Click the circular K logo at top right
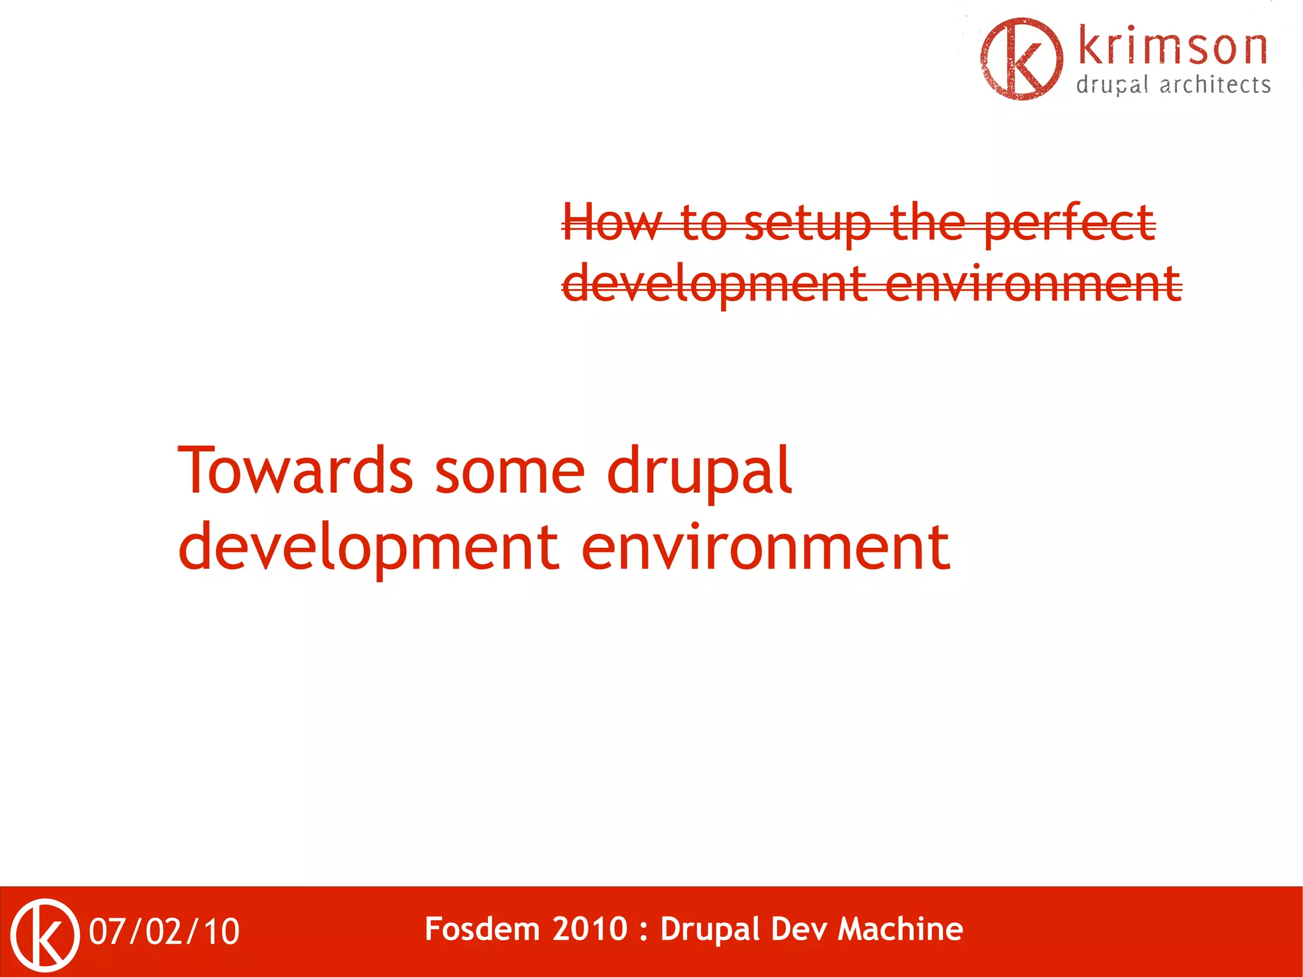(x=1021, y=59)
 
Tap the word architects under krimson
(x=1215, y=85)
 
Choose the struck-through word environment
(x=1033, y=284)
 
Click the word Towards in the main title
(x=296, y=471)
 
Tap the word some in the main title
(x=510, y=471)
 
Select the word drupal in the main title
(x=699, y=471)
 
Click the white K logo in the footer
(x=45, y=934)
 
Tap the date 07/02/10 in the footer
(x=164, y=932)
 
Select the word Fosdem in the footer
(x=482, y=929)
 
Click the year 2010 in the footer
(x=590, y=929)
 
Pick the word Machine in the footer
(x=900, y=929)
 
